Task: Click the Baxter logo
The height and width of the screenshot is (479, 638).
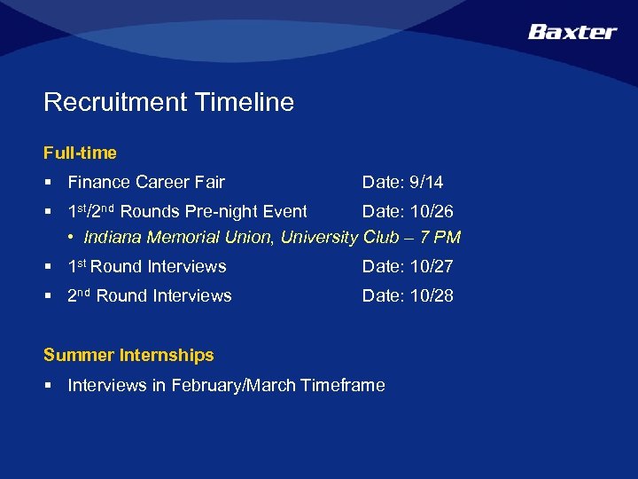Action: [x=572, y=32]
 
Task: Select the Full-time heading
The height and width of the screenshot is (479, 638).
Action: [x=80, y=153]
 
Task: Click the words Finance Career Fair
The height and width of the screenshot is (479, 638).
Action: [x=146, y=183]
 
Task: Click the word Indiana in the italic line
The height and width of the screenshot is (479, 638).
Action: [x=113, y=238]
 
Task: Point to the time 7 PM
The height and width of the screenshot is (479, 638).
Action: [x=441, y=238]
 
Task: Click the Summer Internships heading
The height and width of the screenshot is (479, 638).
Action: [x=128, y=356]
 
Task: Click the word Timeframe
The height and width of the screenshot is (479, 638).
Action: [x=343, y=386]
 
